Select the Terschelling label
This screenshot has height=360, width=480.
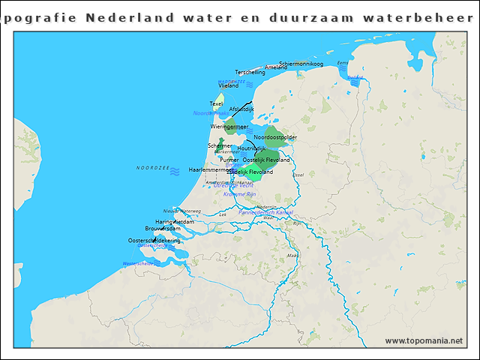coord(250,73)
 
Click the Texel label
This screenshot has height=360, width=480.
coord(216,103)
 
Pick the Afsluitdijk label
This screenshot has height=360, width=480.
coord(241,109)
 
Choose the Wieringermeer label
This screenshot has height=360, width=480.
coord(229,127)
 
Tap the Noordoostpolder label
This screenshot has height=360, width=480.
coord(275,137)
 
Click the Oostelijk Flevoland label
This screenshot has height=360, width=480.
coord(266,160)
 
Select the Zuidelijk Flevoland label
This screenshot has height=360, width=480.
coord(252,172)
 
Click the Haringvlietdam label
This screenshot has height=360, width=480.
coord(174,222)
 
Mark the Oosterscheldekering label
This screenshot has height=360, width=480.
coord(154,240)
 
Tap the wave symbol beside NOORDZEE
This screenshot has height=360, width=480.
coord(175,172)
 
